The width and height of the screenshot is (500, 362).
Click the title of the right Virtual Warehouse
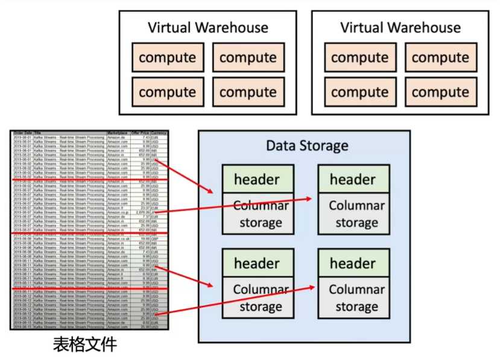400,28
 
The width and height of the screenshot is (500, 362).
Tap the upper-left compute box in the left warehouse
167,58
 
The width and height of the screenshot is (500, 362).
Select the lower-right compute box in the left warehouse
248,92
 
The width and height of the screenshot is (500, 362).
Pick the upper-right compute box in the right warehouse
440,58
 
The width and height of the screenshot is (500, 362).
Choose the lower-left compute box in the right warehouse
359,92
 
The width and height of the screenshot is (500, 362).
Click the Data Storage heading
307,145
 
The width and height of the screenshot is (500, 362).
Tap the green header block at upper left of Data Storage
257,179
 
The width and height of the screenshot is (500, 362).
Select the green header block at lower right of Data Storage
353,264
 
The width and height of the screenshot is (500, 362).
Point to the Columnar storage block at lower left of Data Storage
257,297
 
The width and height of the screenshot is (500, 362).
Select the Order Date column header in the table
22,132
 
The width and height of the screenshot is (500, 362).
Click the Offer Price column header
140,132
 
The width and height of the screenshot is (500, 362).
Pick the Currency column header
159,132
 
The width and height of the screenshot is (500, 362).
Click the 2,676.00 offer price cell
142,213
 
